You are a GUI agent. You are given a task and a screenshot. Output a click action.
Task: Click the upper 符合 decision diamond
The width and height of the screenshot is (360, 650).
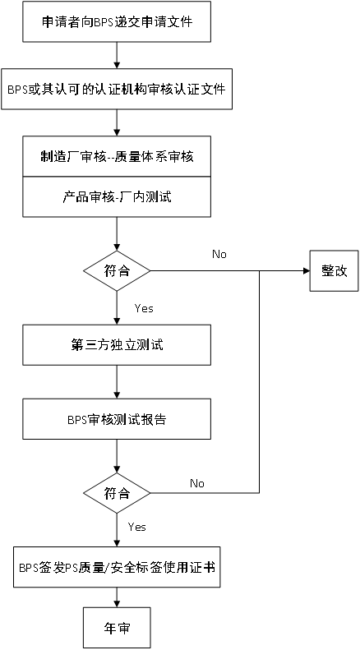point(118,270)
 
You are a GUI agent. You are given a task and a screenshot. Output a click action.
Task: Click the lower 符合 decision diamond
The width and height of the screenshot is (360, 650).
point(118,494)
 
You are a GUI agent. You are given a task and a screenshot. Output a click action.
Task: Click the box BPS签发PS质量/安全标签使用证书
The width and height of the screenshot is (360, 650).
point(118,567)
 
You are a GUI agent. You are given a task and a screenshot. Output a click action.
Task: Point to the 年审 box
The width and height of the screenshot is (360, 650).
point(118,628)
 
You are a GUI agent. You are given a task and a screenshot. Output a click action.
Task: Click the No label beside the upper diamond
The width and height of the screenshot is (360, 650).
point(219,255)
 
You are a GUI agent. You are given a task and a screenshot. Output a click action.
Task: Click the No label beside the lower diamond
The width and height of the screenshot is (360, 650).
point(197,483)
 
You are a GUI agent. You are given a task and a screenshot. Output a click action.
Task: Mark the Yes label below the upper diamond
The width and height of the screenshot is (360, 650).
point(143,308)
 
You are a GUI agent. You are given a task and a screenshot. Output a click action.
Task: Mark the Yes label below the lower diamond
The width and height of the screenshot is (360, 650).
point(137,526)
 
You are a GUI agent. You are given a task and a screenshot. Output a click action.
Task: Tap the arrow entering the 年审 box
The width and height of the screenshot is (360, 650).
point(118,597)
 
